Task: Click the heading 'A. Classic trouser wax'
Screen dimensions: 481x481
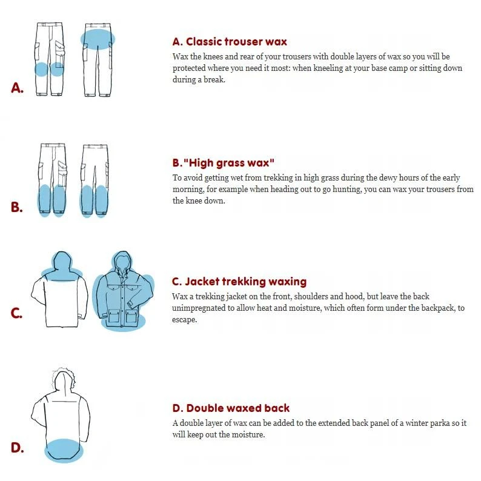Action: pyautogui.click(x=230, y=42)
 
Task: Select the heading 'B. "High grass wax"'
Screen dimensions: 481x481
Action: pyautogui.click(x=224, y=163)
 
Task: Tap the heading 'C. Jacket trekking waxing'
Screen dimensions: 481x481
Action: pyautogui.click(x=239, y=282)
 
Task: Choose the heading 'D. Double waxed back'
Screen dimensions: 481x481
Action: pyautogui.click(x=231, y=408)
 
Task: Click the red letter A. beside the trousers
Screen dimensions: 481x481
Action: pyautogui.click(x=18, y=88)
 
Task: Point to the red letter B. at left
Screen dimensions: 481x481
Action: pyautogui.click(x=17, y=207)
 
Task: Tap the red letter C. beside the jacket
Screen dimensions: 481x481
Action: pyautogui.click(x=17, y=314)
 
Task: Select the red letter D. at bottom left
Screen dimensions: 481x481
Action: pyautogui.click(x=17, y=448)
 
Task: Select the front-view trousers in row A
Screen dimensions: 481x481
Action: pyautogui.click(x=49, y=59)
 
